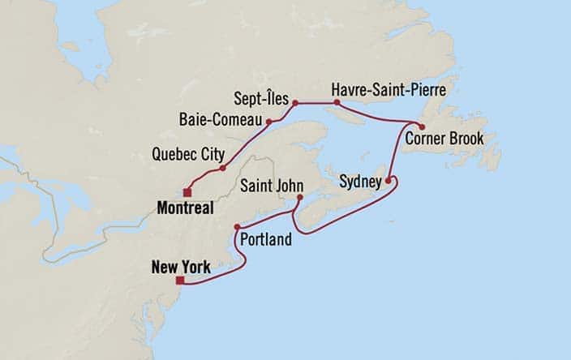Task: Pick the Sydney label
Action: [x=359, y=182]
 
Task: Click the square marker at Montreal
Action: [x=187, y=193]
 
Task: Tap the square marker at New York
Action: [x=179, y=281]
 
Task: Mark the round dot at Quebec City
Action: [x=222, y=168]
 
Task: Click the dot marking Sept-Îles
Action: [x=296, y=103]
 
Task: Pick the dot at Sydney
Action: [x=389, y=180]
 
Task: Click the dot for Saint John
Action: [x=299, y=197]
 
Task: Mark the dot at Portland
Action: [x=237, y=227]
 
